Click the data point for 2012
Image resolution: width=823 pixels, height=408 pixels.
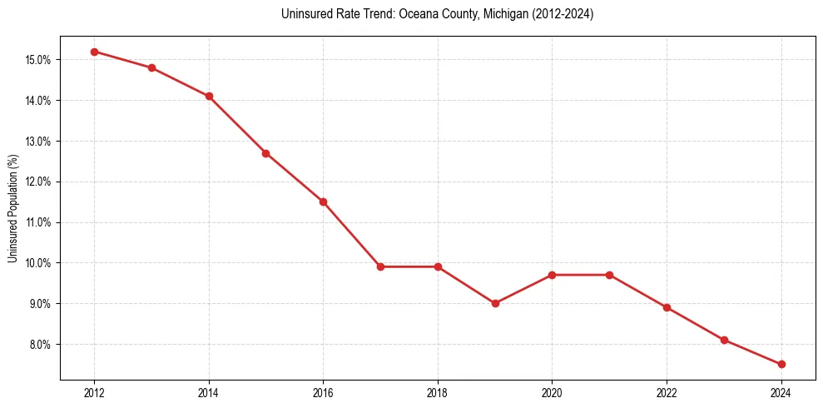coord(94,52)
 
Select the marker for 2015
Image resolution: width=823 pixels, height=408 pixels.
coord(266,153)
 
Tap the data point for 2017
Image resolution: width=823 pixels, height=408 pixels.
coord(380,266)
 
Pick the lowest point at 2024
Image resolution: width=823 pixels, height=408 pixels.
coord(781,364)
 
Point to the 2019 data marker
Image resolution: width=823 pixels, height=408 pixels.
coord(495,303)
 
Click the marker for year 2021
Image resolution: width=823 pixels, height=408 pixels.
coord(609,275)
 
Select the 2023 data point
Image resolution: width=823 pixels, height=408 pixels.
coord(724,340)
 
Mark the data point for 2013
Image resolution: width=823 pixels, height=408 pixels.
coord(151,67)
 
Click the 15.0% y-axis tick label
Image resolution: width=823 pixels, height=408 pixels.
coord(38,60)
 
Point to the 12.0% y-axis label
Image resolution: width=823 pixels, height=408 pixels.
coord(38,182)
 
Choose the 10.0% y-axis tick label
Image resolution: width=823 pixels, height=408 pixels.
coord(38,263)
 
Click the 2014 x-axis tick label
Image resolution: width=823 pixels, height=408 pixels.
coord(209,392)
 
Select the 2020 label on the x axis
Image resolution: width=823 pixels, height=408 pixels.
coord(552,392)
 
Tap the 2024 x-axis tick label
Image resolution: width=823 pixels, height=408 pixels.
coord(781,392)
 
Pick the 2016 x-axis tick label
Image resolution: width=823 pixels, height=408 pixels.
coord(323,392)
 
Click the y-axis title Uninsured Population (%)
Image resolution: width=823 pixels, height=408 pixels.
coord(12,208)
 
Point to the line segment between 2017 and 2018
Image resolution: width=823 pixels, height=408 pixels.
coord(409,266)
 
